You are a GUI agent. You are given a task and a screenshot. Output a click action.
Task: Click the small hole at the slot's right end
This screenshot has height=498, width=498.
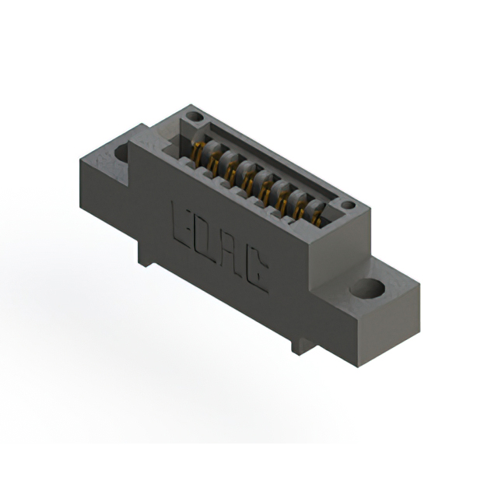[348, 206]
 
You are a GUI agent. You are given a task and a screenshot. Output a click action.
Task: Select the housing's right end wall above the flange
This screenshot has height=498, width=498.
[342, 249]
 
